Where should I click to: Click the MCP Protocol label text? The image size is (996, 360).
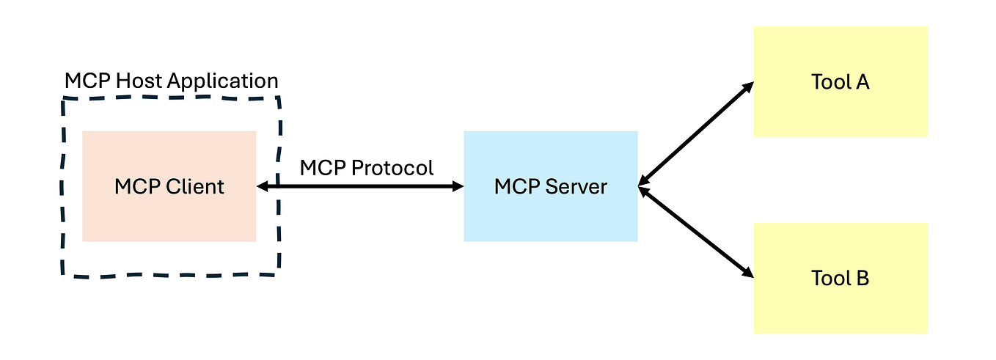click(x=367, y=168)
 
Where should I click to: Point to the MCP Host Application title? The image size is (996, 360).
click(x=171, y=81)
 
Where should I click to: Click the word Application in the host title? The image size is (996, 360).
click(x=223, y=81)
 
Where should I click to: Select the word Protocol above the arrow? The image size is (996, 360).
click(x=392, y=168)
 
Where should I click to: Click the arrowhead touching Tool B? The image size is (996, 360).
click(x=747, y=273)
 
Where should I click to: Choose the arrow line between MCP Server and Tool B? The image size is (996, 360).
click(x=695, y=231)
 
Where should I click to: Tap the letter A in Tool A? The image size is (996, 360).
click(x=862, y=81)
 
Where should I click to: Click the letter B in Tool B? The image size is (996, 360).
click(x=862, y=279)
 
